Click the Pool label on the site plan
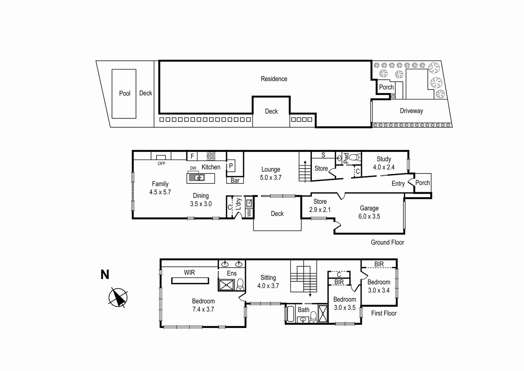(124, 93)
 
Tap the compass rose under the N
(118, 297)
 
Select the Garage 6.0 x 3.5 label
(369, 212)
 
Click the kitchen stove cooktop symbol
(211, 156)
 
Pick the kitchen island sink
(197, 178)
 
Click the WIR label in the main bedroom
(189, 272)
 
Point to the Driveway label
(411, 111)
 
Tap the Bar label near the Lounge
(235, 180)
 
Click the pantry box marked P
(231, 167)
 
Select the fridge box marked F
(192, 156)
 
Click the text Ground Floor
(387, 242)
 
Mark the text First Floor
(384, 313)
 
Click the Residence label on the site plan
(274, 79)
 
